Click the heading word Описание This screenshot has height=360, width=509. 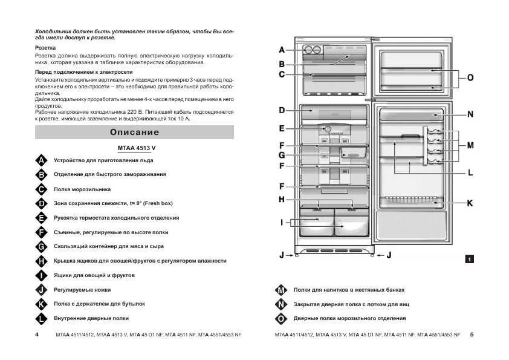(135, 132)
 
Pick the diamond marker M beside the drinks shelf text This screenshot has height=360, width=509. (280, 290)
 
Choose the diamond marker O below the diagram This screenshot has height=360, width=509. (280, 318)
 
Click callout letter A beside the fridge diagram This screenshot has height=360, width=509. (282, 50)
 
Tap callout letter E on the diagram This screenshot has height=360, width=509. (282, 128)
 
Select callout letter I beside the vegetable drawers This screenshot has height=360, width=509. (282, 223)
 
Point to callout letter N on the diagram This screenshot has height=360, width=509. (470, 114)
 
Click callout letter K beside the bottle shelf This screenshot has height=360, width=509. (470, 203)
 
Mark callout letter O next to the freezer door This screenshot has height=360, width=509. (470, 77)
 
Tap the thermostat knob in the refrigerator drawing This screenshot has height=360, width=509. (327, 129)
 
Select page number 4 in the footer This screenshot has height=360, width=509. (37, 335)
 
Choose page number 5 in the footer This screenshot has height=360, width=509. (472, 335)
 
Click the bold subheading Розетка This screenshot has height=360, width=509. (46, 47)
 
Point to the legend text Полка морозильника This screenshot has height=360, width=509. (82, 189)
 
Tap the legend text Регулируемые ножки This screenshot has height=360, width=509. (82, 290)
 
